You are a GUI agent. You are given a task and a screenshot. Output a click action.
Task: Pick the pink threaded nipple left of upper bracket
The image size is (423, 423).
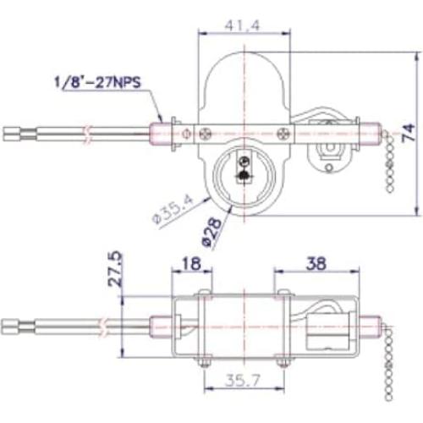click(160, 132)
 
